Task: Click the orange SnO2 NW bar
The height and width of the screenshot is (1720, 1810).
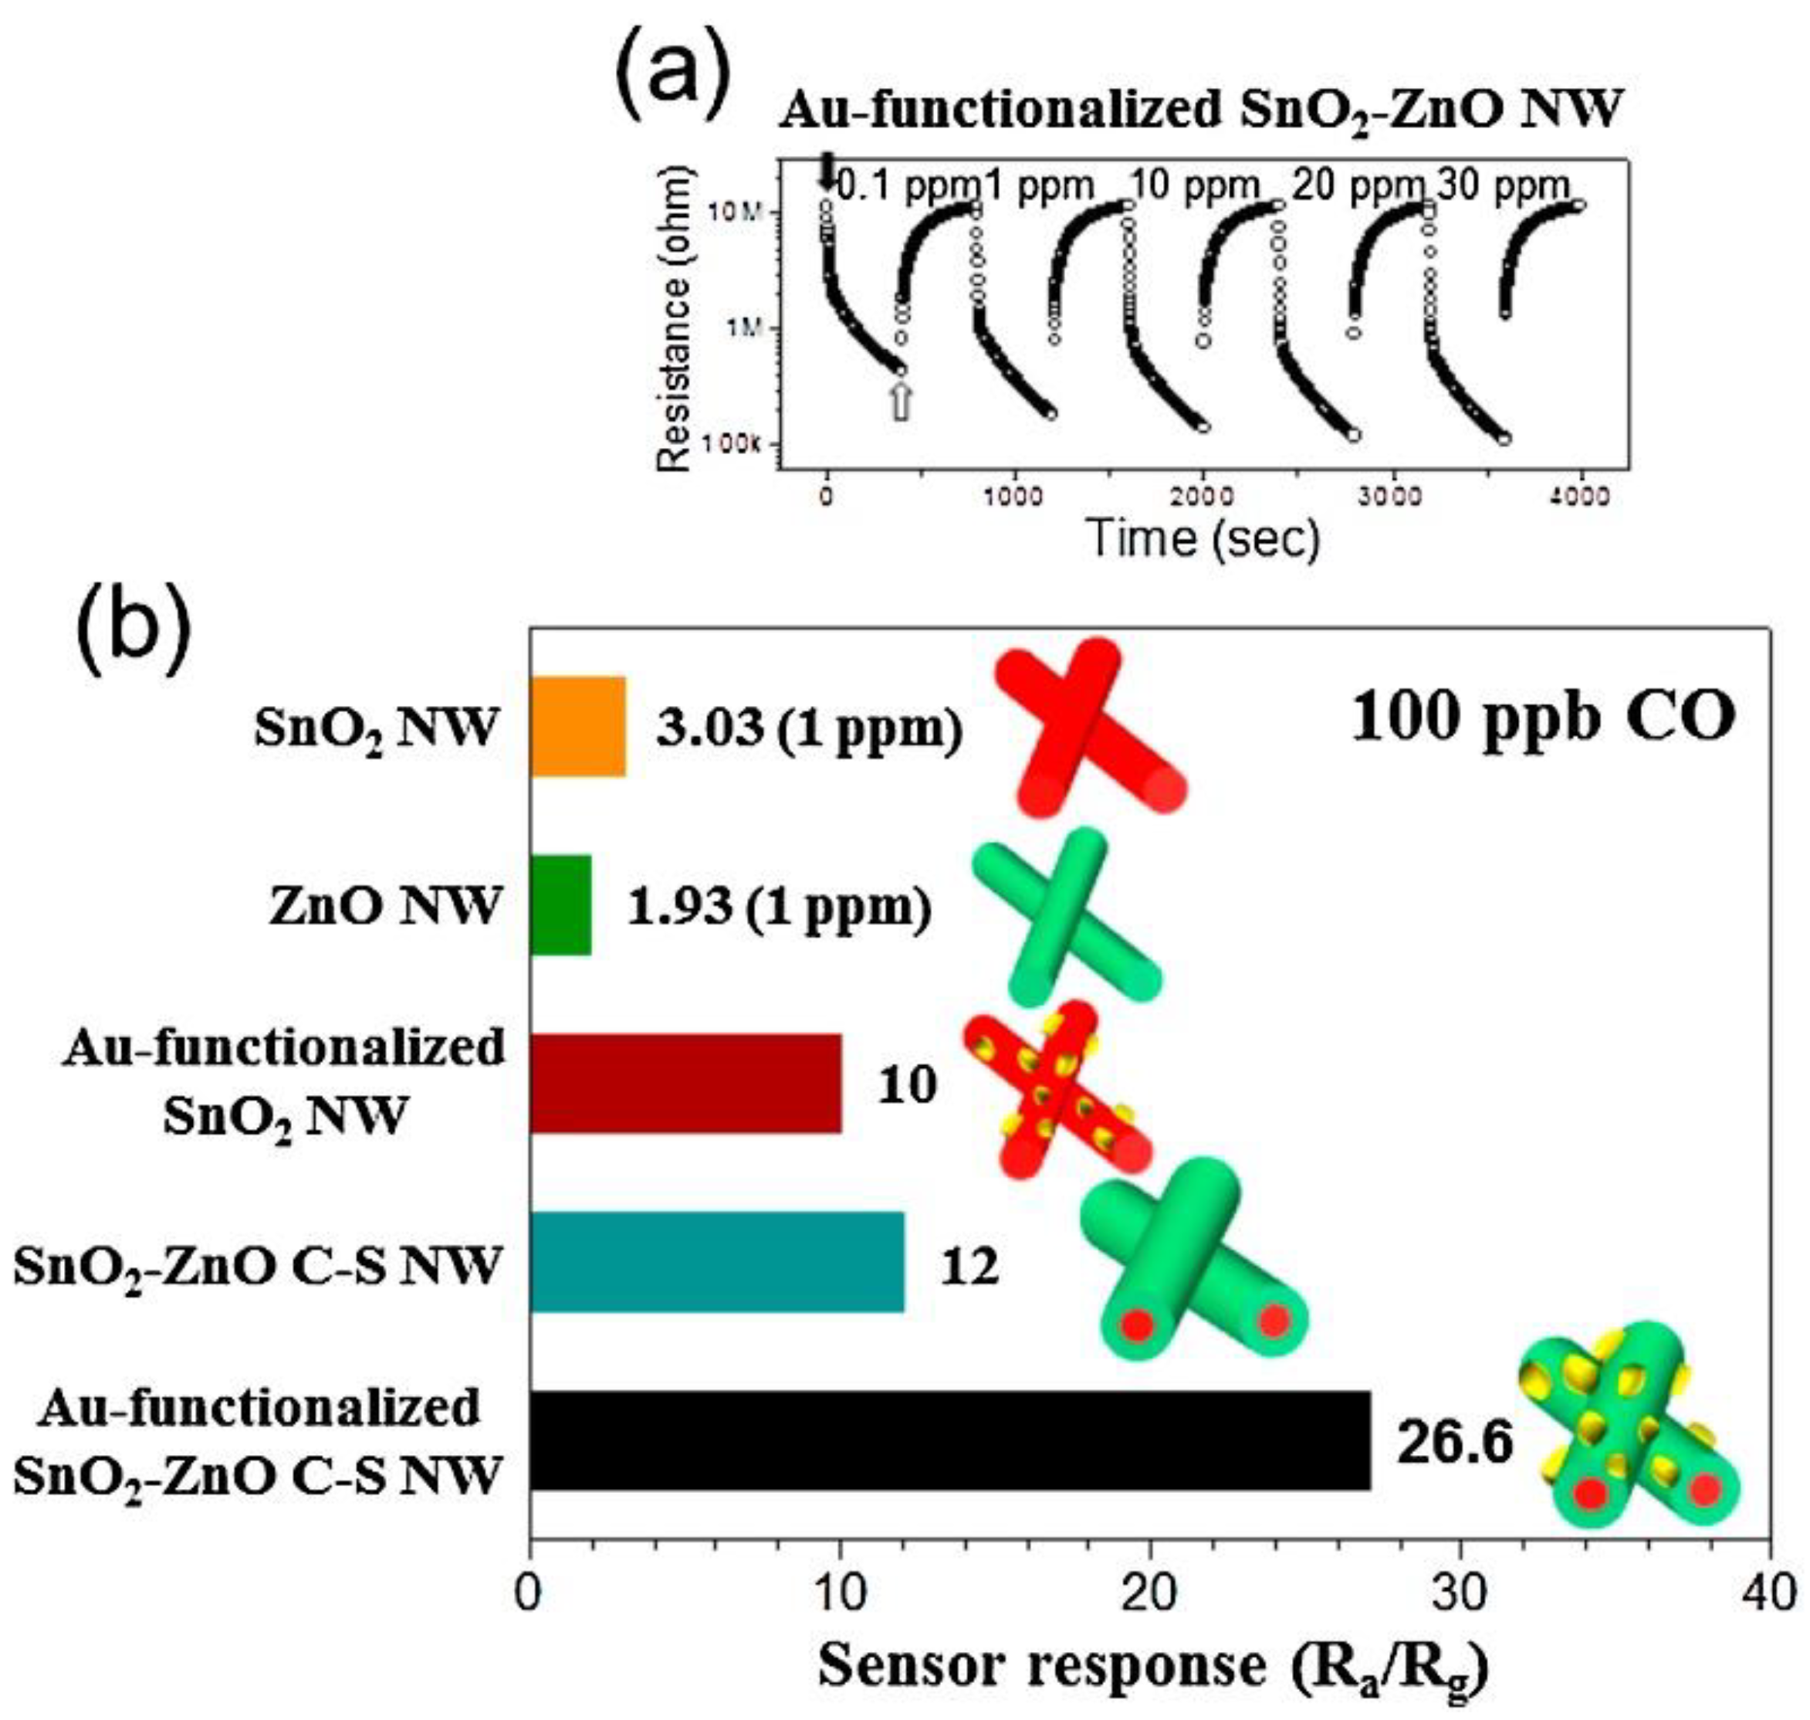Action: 577,726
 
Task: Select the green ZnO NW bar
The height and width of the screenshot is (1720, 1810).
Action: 560,905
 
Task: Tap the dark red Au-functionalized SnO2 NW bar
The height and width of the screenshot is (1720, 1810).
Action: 685,1083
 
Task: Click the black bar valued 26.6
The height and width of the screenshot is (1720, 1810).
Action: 949,1440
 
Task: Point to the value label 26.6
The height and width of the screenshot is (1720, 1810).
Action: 1453,1443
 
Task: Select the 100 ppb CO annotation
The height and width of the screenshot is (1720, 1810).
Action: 1541,718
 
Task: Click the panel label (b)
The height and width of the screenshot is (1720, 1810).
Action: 135,616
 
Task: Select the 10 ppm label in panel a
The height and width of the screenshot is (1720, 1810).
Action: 1193,186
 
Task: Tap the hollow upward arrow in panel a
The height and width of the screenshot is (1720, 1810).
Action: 902,401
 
